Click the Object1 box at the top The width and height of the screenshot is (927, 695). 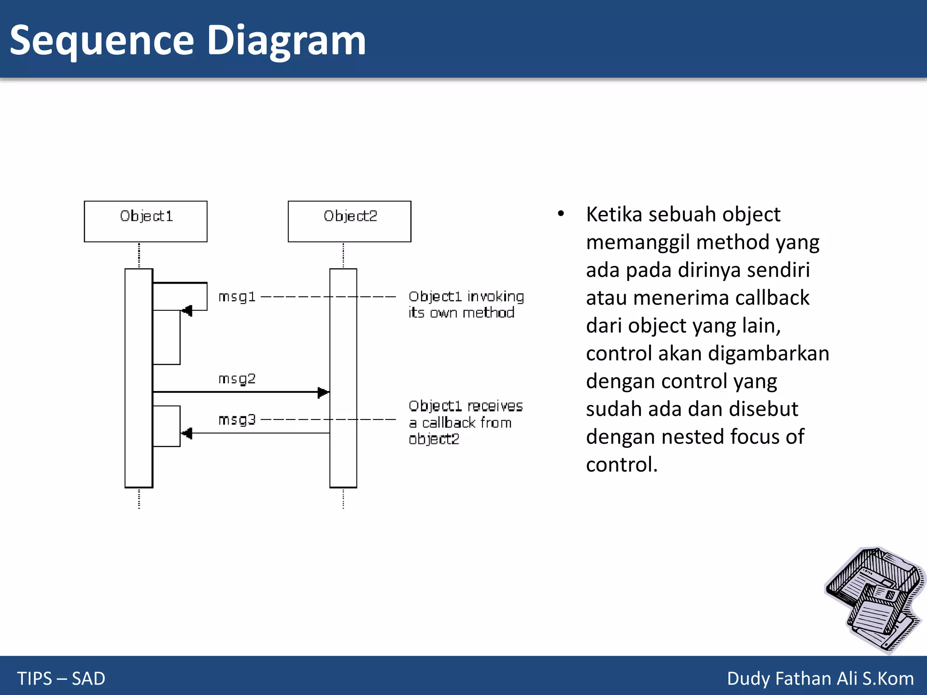145,221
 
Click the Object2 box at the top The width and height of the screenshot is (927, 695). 349,221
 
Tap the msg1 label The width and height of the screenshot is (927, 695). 237,297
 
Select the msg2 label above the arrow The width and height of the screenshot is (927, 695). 237,378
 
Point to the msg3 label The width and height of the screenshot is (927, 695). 237,420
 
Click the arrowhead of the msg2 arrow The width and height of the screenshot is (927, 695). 323,392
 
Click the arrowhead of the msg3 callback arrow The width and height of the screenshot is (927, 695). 187,433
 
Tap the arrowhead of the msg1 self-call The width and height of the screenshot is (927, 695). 187,311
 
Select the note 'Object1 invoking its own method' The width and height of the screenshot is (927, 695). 465,305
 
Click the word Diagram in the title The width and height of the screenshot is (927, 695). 286,41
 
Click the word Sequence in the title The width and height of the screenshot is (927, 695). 102,41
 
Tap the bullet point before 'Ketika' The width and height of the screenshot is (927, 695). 561,214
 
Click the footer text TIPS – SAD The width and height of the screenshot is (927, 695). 61,678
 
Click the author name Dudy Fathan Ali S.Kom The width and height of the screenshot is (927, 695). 820,678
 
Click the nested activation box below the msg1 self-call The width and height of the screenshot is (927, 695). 167,337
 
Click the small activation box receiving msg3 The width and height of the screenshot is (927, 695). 167,426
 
